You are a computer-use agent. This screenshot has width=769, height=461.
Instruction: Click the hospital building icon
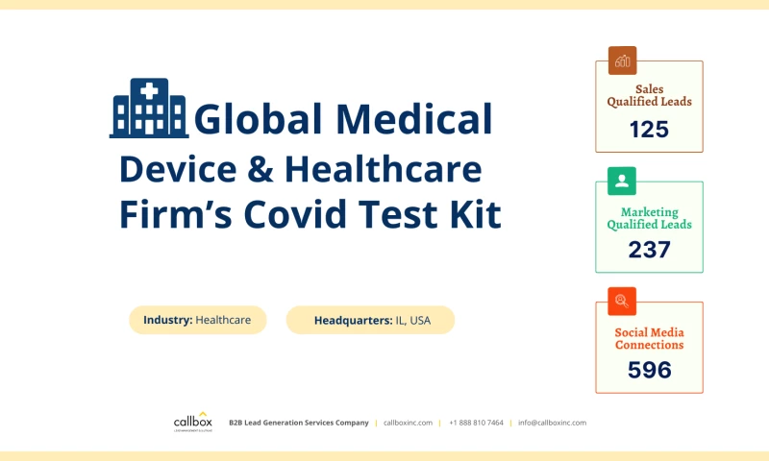pyautogui.click(x=149, y=108)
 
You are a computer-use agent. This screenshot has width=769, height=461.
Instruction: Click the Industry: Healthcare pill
pyautogui.click(x=204, y=320)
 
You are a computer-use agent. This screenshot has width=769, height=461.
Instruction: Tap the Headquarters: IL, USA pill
pyautogui.click(x=370, y=320)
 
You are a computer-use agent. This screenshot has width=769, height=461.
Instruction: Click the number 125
pyautogui.click(x=649, y=129)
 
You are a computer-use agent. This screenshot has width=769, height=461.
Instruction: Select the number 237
pyautogui.click(x=649, y=250)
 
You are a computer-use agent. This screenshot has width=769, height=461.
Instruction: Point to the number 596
pyautogui.click(x=649, y=370)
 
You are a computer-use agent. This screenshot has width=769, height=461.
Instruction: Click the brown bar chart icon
pyautogui.click(x=622, y=61)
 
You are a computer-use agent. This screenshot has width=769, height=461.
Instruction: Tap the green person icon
pyautogui.click(x=622, y=181)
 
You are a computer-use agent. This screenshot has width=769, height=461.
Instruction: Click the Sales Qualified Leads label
pyautogui.click(x=649, y=95)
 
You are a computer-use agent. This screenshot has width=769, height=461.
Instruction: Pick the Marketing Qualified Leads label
pyautogui.click(x=649, y=218)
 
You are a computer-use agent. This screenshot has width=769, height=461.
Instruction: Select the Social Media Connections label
pyautogui.click(x=649, y=338)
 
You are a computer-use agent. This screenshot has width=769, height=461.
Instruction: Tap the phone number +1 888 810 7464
pyautogui.click(x=475, y=423)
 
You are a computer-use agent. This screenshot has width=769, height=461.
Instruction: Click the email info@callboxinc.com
pyautogui.click(x=552, y=423)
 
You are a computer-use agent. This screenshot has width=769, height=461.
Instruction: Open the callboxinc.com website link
pyautogui.click(x=408, y=423)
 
